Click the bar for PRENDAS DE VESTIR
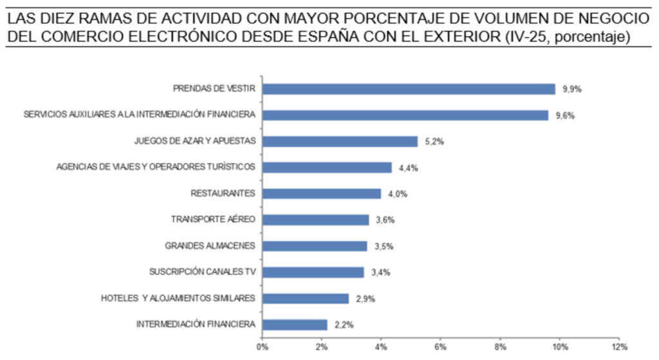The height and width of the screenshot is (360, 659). (x=409, y=89)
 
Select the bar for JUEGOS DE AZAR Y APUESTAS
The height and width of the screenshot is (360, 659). (x=340, y=141)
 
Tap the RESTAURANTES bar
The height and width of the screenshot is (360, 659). (x=322, y=193)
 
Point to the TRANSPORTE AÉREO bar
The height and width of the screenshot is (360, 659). (x=315, y=220)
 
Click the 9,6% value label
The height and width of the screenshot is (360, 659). (x=565, y=116)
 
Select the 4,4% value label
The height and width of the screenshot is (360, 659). (x=408, y=168)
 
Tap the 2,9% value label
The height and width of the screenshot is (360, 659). (x=366, y=299)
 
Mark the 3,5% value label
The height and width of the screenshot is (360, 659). (x=384, y=247)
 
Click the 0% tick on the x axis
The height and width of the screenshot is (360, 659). (x=263, y=347)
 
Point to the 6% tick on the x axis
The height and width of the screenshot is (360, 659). (x=440, y=347)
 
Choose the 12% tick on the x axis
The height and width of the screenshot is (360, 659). (x=619, y=347)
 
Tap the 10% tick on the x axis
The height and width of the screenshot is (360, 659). (x=560, y=347)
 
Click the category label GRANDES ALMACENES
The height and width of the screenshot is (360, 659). (x=210, y=245)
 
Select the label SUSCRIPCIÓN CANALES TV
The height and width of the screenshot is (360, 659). (x=202, y=272)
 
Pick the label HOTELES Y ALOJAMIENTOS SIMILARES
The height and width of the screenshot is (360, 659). (x=178, y=298)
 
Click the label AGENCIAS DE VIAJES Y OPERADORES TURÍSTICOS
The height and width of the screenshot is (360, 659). (x=156, y=167)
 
